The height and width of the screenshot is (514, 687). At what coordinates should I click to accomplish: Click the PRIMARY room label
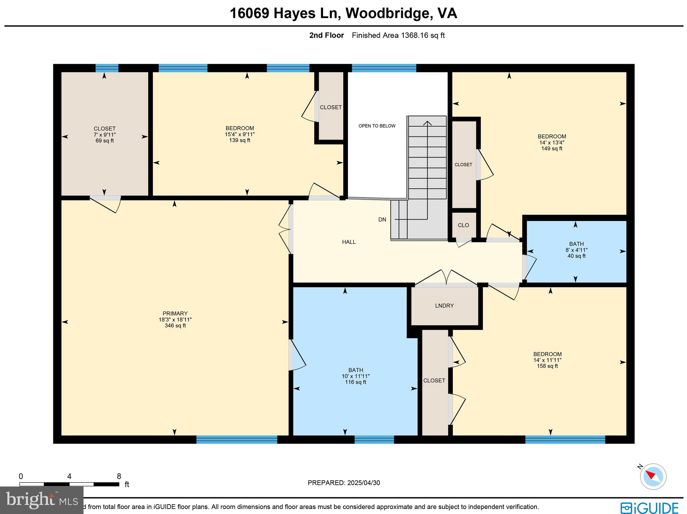(175, 313)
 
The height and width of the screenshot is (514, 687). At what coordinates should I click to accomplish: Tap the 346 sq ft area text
(175, 326)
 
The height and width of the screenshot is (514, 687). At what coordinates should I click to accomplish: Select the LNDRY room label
(444, 305)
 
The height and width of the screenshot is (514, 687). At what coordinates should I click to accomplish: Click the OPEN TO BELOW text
(377, 126)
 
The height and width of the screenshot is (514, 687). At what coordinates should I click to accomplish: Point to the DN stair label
(382, 220)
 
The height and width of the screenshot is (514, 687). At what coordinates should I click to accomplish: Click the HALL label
(349, 242)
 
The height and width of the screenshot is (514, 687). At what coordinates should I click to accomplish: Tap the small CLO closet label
(463, 225)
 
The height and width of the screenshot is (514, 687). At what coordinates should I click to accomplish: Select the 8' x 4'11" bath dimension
(576, 250)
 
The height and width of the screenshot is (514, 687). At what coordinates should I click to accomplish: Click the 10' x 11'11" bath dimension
(356, 376)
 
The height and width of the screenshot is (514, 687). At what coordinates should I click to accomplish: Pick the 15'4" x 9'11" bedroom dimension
(240, 134)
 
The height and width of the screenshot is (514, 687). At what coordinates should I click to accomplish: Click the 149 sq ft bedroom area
(551, 149)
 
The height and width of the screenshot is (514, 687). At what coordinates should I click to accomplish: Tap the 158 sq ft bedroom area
(547, 366)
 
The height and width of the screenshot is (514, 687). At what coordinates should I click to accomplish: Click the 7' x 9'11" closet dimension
(104, 134)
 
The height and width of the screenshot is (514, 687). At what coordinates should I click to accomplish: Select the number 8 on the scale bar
(119, 476)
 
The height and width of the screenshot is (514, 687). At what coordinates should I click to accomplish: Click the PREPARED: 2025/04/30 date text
(343, 483)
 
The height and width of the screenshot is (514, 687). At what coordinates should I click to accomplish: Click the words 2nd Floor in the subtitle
(326, 35)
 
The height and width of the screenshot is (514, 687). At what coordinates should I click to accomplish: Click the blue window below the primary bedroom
(236, 440)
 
